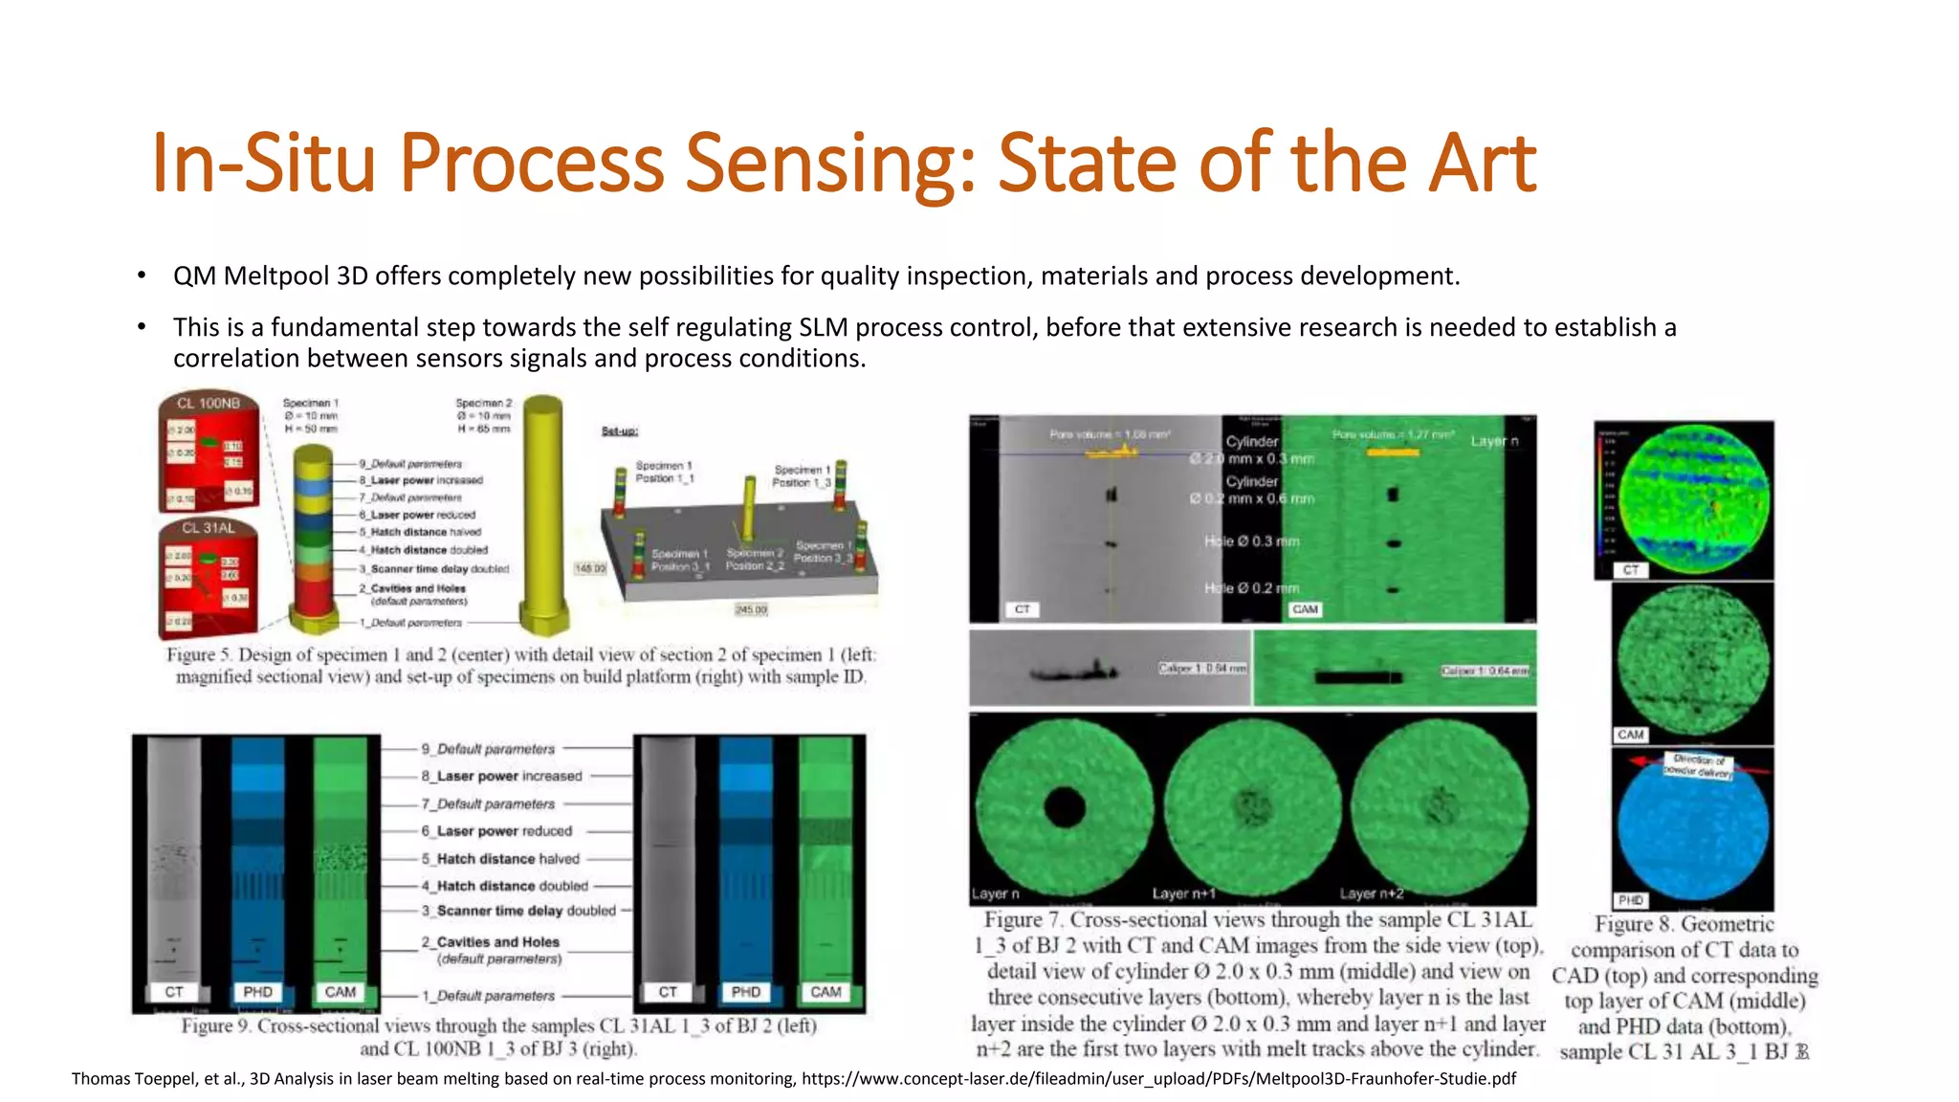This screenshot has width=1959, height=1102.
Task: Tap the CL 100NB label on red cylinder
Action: (208, 404)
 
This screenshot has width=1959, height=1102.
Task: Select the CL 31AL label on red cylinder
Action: (208, 528)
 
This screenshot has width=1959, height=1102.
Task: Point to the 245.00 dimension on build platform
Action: (751, 609)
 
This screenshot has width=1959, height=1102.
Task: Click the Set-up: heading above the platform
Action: (620, 431)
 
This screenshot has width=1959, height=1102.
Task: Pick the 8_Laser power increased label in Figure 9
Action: (501, 776)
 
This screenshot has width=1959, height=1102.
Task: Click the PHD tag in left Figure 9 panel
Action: (257, 992)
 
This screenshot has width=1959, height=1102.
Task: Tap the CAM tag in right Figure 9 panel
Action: (825, 992)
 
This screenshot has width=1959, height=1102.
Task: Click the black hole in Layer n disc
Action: (1065, 806)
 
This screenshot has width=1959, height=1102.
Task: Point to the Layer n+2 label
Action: (1371, 893)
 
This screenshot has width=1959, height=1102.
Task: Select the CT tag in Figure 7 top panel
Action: (1022, 609)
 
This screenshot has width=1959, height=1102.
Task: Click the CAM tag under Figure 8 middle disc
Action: (1630, 735)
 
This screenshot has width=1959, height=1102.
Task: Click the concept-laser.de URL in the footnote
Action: (1157, 1079)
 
